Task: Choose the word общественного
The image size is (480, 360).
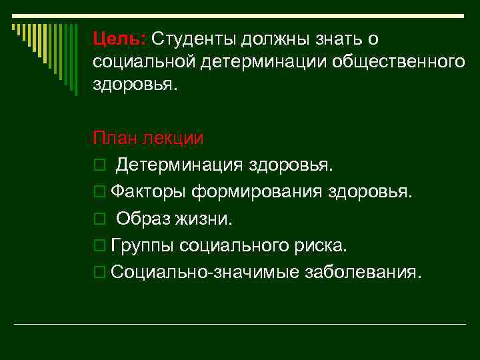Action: tap(393, 62)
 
